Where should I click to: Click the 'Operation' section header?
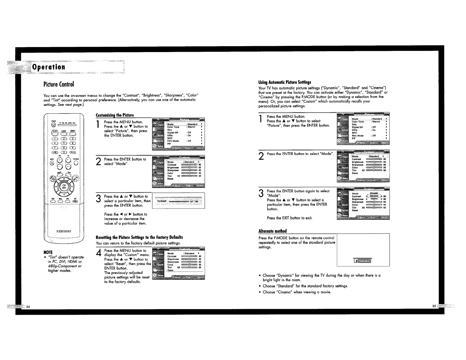(x=49, y=67)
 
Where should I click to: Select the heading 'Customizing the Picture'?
(x=115, y=115)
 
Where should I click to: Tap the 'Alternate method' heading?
(x=272, y=231)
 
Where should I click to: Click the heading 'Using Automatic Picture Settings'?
(x=284, y=82)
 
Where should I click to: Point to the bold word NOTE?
(x=48, y=252)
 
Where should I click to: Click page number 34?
(x=28, y=307)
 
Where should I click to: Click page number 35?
(x=434, y=306)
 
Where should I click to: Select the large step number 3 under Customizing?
(x=99, y=199)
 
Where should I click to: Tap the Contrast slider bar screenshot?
(x=178, y=201)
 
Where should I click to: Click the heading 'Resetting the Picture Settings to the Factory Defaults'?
(x=139, y=237)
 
